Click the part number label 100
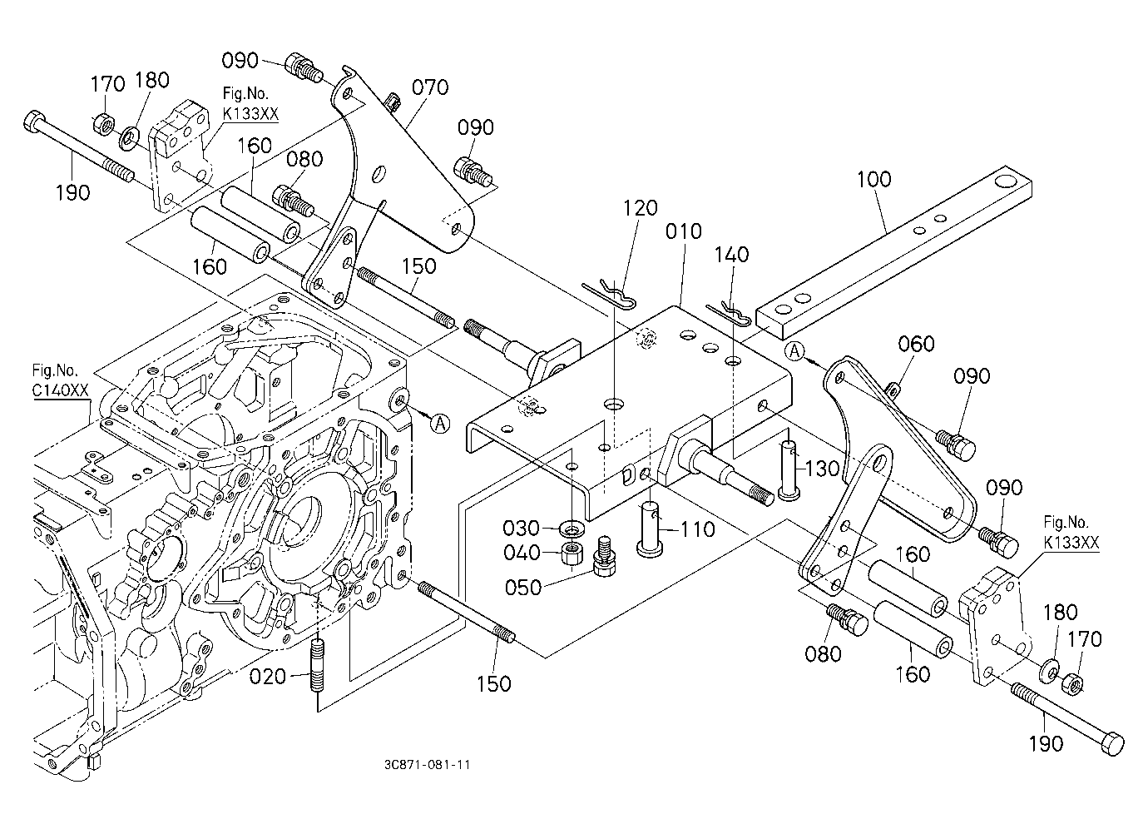coord(874,179)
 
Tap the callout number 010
coord(683,231)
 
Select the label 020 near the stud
coord(267,677)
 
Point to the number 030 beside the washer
coord(522,528)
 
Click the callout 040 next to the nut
coord(522,553)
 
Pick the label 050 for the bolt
coord(523,588)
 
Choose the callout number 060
coord(917,344)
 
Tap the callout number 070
coord(430,87)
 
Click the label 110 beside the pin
coord(697,529)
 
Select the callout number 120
coord(640,208)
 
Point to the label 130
coord(822,469)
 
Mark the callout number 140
coord(732,255)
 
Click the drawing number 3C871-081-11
coord(427,765)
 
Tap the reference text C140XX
coord(61,390)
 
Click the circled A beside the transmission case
coord(439,424)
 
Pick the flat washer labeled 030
coord(572,527)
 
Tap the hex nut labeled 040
coord(572,553)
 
